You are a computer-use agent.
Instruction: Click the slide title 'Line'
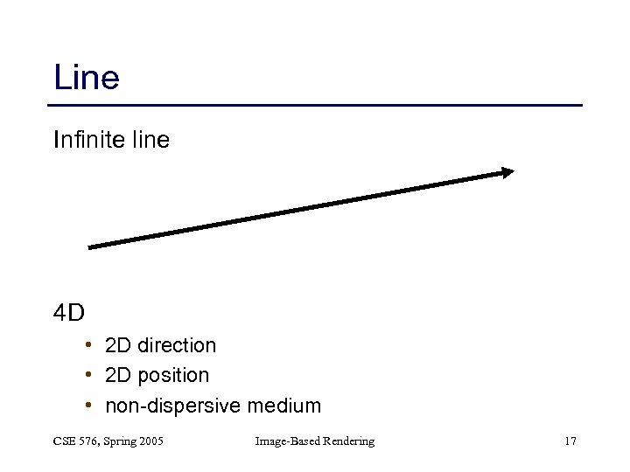tap(86, 78)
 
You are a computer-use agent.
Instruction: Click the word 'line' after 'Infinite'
tap(150, 139)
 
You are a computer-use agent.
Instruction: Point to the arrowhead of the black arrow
tap(507, 172)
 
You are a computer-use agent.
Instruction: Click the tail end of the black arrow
tap(92, 246)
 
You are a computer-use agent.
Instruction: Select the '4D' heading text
tap(68, 312)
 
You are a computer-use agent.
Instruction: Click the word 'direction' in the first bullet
tap(177, 345)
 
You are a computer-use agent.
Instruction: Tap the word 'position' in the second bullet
tap(173, 376)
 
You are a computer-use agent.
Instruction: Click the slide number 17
tap(570, 441)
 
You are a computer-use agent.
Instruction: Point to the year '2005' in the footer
tap(150, 441)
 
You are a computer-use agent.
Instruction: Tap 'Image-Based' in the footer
tap(285, 442)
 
